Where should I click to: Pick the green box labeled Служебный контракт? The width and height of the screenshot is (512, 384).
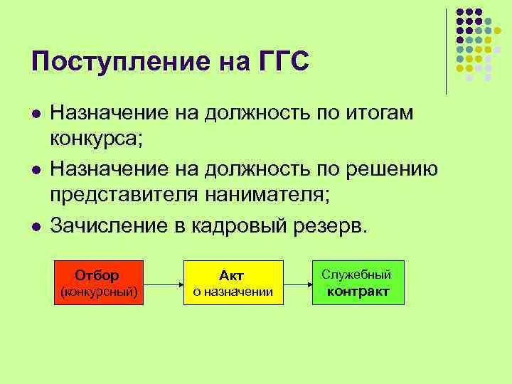click(x=358, y=282)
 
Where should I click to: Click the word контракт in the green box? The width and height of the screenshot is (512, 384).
click(x=358, y=291)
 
